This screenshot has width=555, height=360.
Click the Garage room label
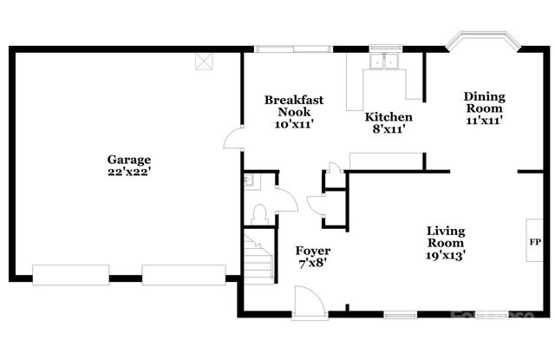tap(129, 160)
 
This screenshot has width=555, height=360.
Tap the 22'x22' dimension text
tap(129, 172)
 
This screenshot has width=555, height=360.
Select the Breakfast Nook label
tap(294, 106)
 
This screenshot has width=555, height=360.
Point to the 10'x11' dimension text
tap(294, 125)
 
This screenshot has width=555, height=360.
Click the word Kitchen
tap(388, 117)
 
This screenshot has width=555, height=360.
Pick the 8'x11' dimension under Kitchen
tap(388, 129)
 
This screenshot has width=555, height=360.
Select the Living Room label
tap(446, 237)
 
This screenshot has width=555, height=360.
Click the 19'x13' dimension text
tap(446, 256)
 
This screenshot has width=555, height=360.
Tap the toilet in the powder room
tap(259, 211)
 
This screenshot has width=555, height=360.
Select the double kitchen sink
tap(383, 62)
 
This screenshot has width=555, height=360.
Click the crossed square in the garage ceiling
tap(205, 61)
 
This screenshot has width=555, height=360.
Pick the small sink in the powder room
tap(248, 180)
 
